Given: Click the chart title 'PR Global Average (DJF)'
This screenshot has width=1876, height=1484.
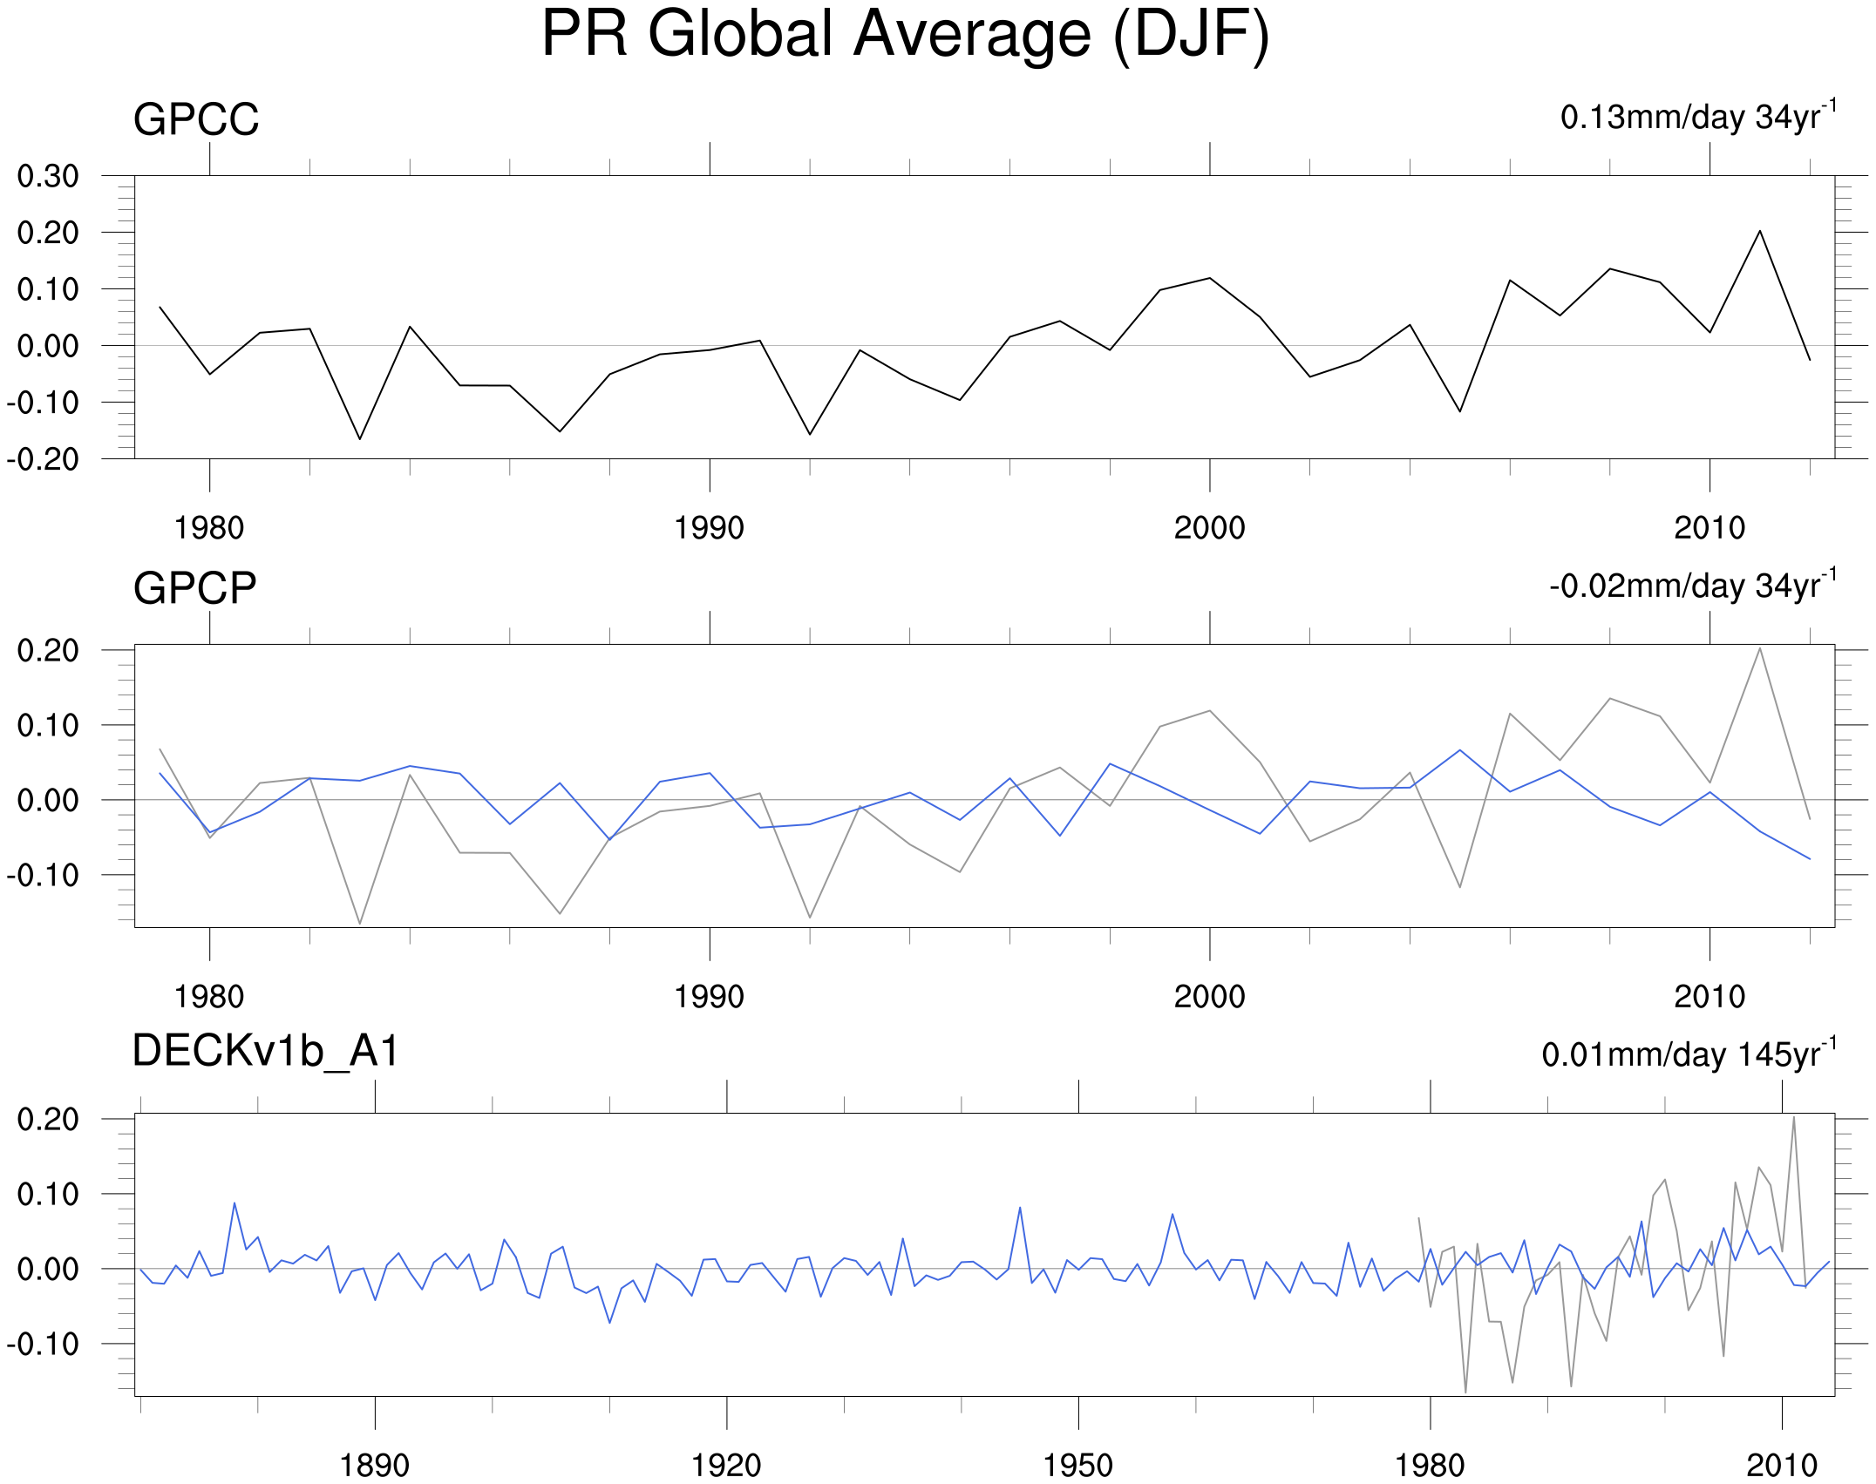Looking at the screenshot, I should click(x=905, y=35).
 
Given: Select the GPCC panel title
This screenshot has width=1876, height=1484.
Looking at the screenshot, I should click(x=196, y=119).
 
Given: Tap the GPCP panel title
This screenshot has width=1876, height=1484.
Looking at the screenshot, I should click(x=194, y=588).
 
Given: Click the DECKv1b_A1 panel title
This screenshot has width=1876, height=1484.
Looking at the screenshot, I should click(x=265, y=1051).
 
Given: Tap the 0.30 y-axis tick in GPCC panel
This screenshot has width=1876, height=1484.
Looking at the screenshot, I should click(x=48, y=176).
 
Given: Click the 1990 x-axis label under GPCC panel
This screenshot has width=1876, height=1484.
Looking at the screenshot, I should click(x=709, y=528).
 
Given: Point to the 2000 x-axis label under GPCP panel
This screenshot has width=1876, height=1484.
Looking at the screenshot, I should click(x=1209, y=997).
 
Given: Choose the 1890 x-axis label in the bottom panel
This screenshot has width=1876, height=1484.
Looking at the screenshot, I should click(x=374, y=1466).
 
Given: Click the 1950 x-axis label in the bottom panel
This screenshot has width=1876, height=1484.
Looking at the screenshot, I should click(x=1077, y=1466).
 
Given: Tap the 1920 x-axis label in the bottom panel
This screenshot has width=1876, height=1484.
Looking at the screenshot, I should click(x=726, y=1466).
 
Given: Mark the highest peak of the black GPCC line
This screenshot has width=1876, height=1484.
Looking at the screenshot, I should click(x=1759, y=231).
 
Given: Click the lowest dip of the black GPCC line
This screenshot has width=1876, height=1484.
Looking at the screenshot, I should click(x=359, y=439).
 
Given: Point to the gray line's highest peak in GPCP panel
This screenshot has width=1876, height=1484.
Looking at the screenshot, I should click(x=1759, y=648).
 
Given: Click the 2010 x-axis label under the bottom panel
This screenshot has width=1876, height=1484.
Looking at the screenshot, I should click(x=1782, y=1466).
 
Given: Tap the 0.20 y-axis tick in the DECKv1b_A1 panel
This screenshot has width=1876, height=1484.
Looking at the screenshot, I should click(x=48, y=1119).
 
